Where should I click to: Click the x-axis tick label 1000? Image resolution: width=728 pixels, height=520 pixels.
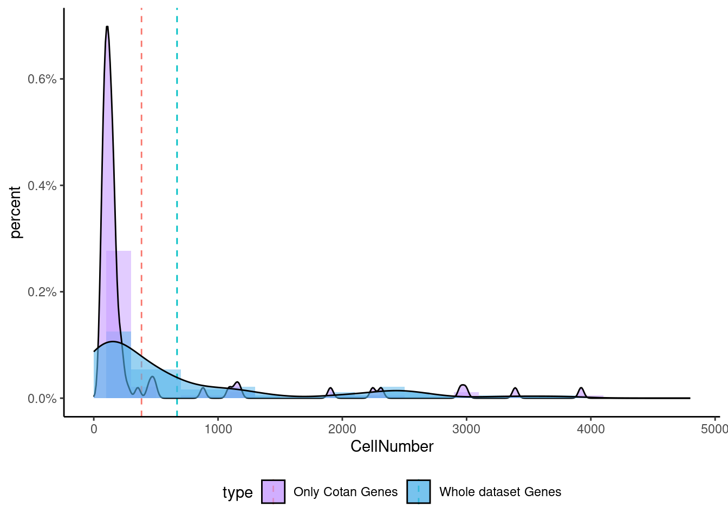click(x=218, y=430)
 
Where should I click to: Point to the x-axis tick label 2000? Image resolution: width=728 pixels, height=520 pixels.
click(x=342, y=430)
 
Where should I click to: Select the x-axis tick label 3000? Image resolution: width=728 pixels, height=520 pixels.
click(x=466, y=430)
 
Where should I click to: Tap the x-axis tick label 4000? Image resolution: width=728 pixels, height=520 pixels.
click(x=590, y=430)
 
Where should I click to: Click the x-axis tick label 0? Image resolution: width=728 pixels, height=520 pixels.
click(x=94, y=430)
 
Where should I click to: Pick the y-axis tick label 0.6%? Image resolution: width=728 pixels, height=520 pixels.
click(x=42, y=79)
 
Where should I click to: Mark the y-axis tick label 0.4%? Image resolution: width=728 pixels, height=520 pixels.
click(x=42, y=186)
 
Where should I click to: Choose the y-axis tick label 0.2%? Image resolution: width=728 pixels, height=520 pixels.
click(x=42, y=292)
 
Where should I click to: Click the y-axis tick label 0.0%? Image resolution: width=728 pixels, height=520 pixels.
click(x=42, y=399)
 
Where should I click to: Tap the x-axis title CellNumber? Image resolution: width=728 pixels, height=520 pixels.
click(x=392, y=446)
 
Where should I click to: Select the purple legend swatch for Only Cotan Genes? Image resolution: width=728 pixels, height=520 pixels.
click(x=273, y=492)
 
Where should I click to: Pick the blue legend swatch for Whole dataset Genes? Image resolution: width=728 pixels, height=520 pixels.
click(x=419, y=492)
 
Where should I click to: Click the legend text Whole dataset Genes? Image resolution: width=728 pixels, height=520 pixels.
click(x=500, y=492)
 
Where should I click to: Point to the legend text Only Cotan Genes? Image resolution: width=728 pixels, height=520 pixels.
click(x=346, y=492)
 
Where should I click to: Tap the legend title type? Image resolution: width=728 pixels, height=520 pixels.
click(x=237, y=492)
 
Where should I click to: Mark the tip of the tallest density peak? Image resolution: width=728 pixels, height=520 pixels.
click(x=107, y=27)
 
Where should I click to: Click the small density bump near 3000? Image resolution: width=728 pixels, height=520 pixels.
click(x=463, y=385)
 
